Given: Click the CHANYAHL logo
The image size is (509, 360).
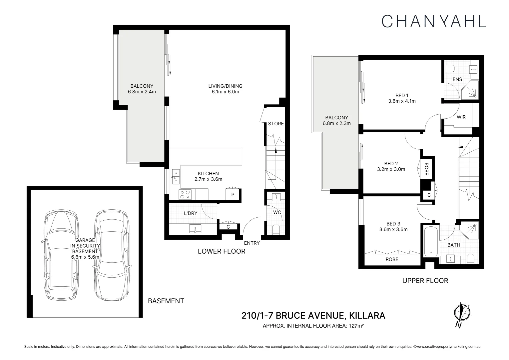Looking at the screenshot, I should pos(433,21).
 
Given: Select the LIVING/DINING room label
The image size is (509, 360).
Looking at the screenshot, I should pos(225,86).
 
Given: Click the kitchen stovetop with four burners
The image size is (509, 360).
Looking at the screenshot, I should pos(185,194).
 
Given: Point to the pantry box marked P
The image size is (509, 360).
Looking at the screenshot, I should pos(233,195).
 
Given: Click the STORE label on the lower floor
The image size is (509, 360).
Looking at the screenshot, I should pos(276,124).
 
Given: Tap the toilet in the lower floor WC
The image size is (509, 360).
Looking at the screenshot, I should pos(276,230).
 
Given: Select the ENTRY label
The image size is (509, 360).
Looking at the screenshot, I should pos(252,243).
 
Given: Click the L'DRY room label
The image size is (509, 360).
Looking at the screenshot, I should pos(191,213).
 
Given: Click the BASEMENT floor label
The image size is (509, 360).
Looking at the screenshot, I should pos(166,301).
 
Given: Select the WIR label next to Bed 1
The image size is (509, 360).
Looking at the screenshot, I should pos(461,117).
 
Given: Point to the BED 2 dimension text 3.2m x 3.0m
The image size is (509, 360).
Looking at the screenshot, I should pos(391,169).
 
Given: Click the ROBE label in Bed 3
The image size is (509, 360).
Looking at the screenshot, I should pos(392,259).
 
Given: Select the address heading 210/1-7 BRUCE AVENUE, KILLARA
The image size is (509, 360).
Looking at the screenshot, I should pos(313,315).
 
